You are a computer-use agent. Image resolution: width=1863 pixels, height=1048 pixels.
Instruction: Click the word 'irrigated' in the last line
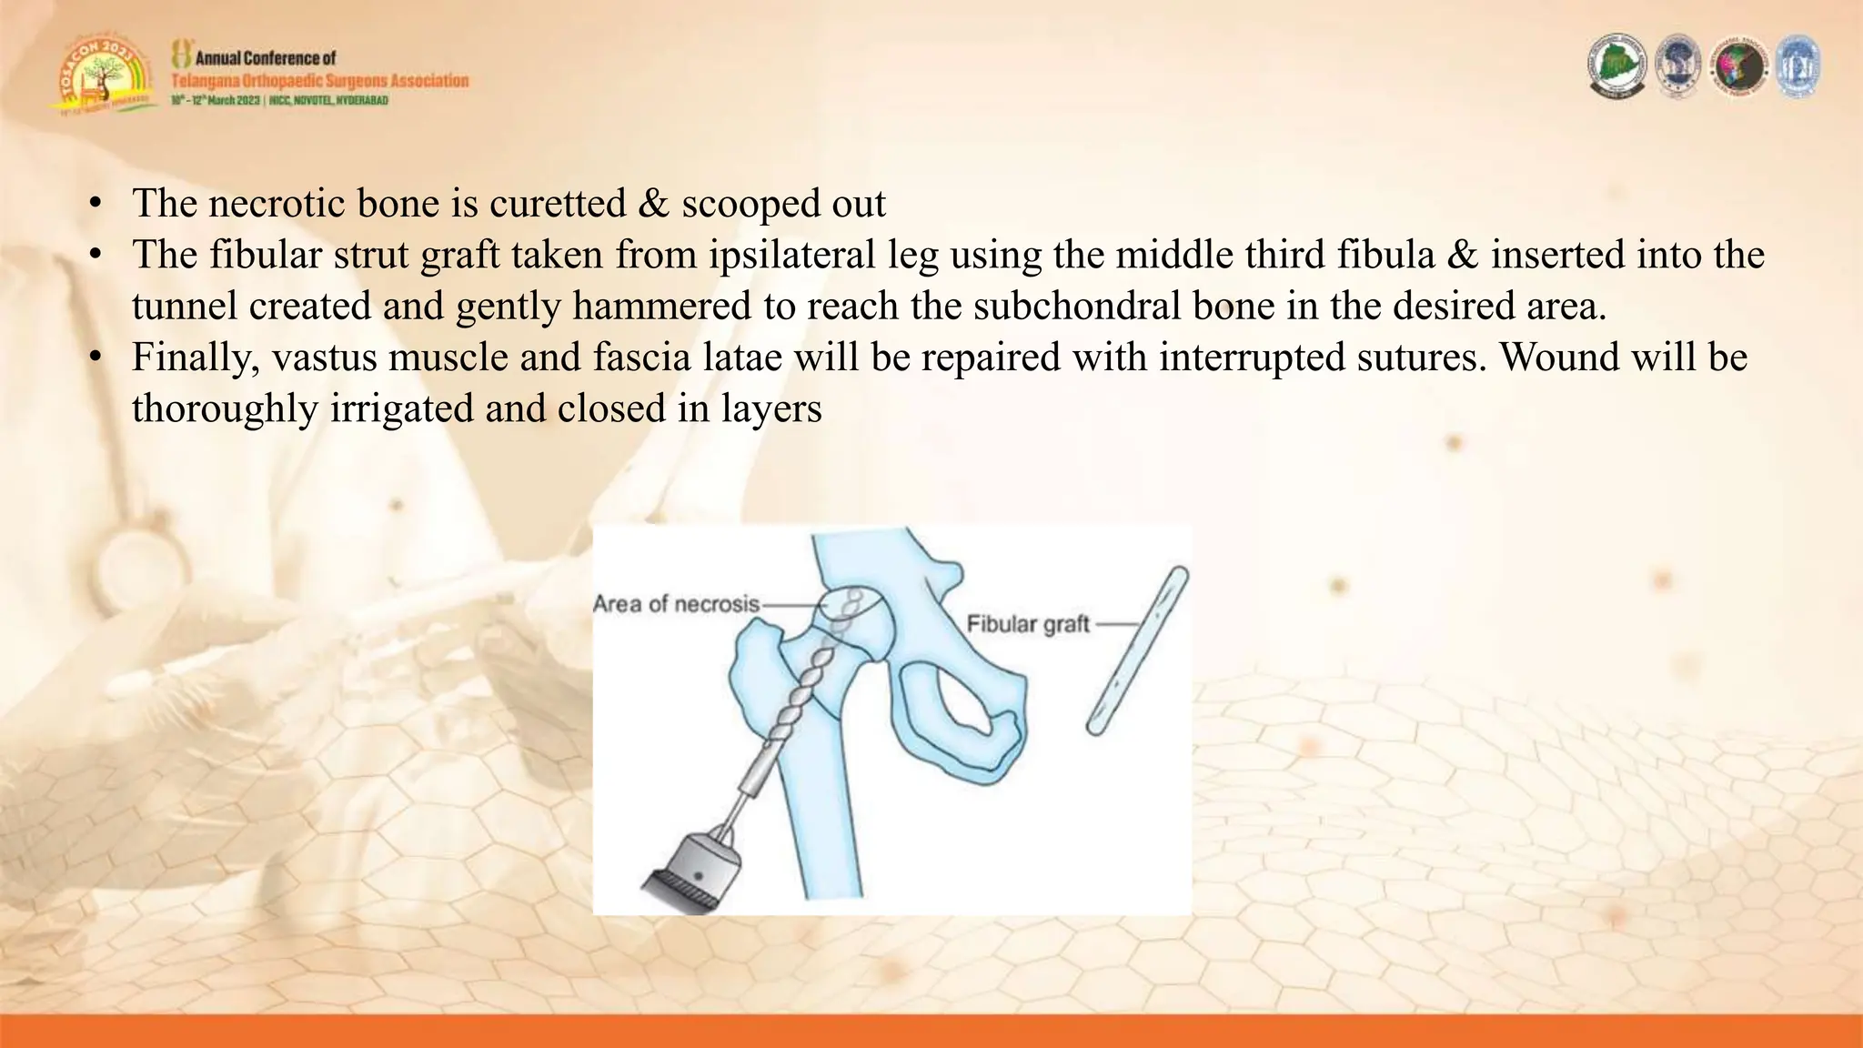pos(401,409)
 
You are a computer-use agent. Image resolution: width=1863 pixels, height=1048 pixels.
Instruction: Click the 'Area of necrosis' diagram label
pos(676,604)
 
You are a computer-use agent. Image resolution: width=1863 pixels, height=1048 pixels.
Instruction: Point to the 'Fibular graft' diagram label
pos(1027,625)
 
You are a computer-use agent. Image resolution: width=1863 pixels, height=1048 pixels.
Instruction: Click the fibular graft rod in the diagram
pos(1138,650)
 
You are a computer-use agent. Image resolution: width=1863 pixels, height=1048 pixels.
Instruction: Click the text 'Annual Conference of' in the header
pos(266,58)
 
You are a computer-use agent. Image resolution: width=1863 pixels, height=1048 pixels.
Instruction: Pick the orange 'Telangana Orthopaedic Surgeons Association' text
pos(320,81)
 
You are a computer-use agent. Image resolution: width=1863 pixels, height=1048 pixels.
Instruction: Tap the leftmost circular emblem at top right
pos(1617,65)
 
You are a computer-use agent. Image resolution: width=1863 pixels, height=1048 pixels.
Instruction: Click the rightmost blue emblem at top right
pos(1797,65)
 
